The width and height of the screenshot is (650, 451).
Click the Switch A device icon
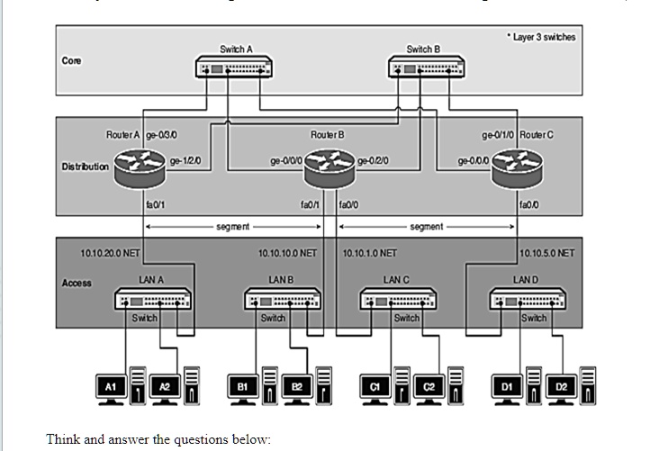[x=235, y=68]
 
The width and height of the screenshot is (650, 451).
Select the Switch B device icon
[x=424, y=68]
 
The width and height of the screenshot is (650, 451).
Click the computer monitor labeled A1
[x=111, y=385]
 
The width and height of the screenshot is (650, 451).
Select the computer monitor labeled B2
[x=296, y=385]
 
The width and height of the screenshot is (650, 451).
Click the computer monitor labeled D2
[x=562, y=385]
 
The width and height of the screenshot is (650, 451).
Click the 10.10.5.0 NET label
[x=546, y=253]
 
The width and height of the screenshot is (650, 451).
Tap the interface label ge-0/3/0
[x=160, y=134]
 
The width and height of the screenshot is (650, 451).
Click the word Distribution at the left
[x=85, y=166]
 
